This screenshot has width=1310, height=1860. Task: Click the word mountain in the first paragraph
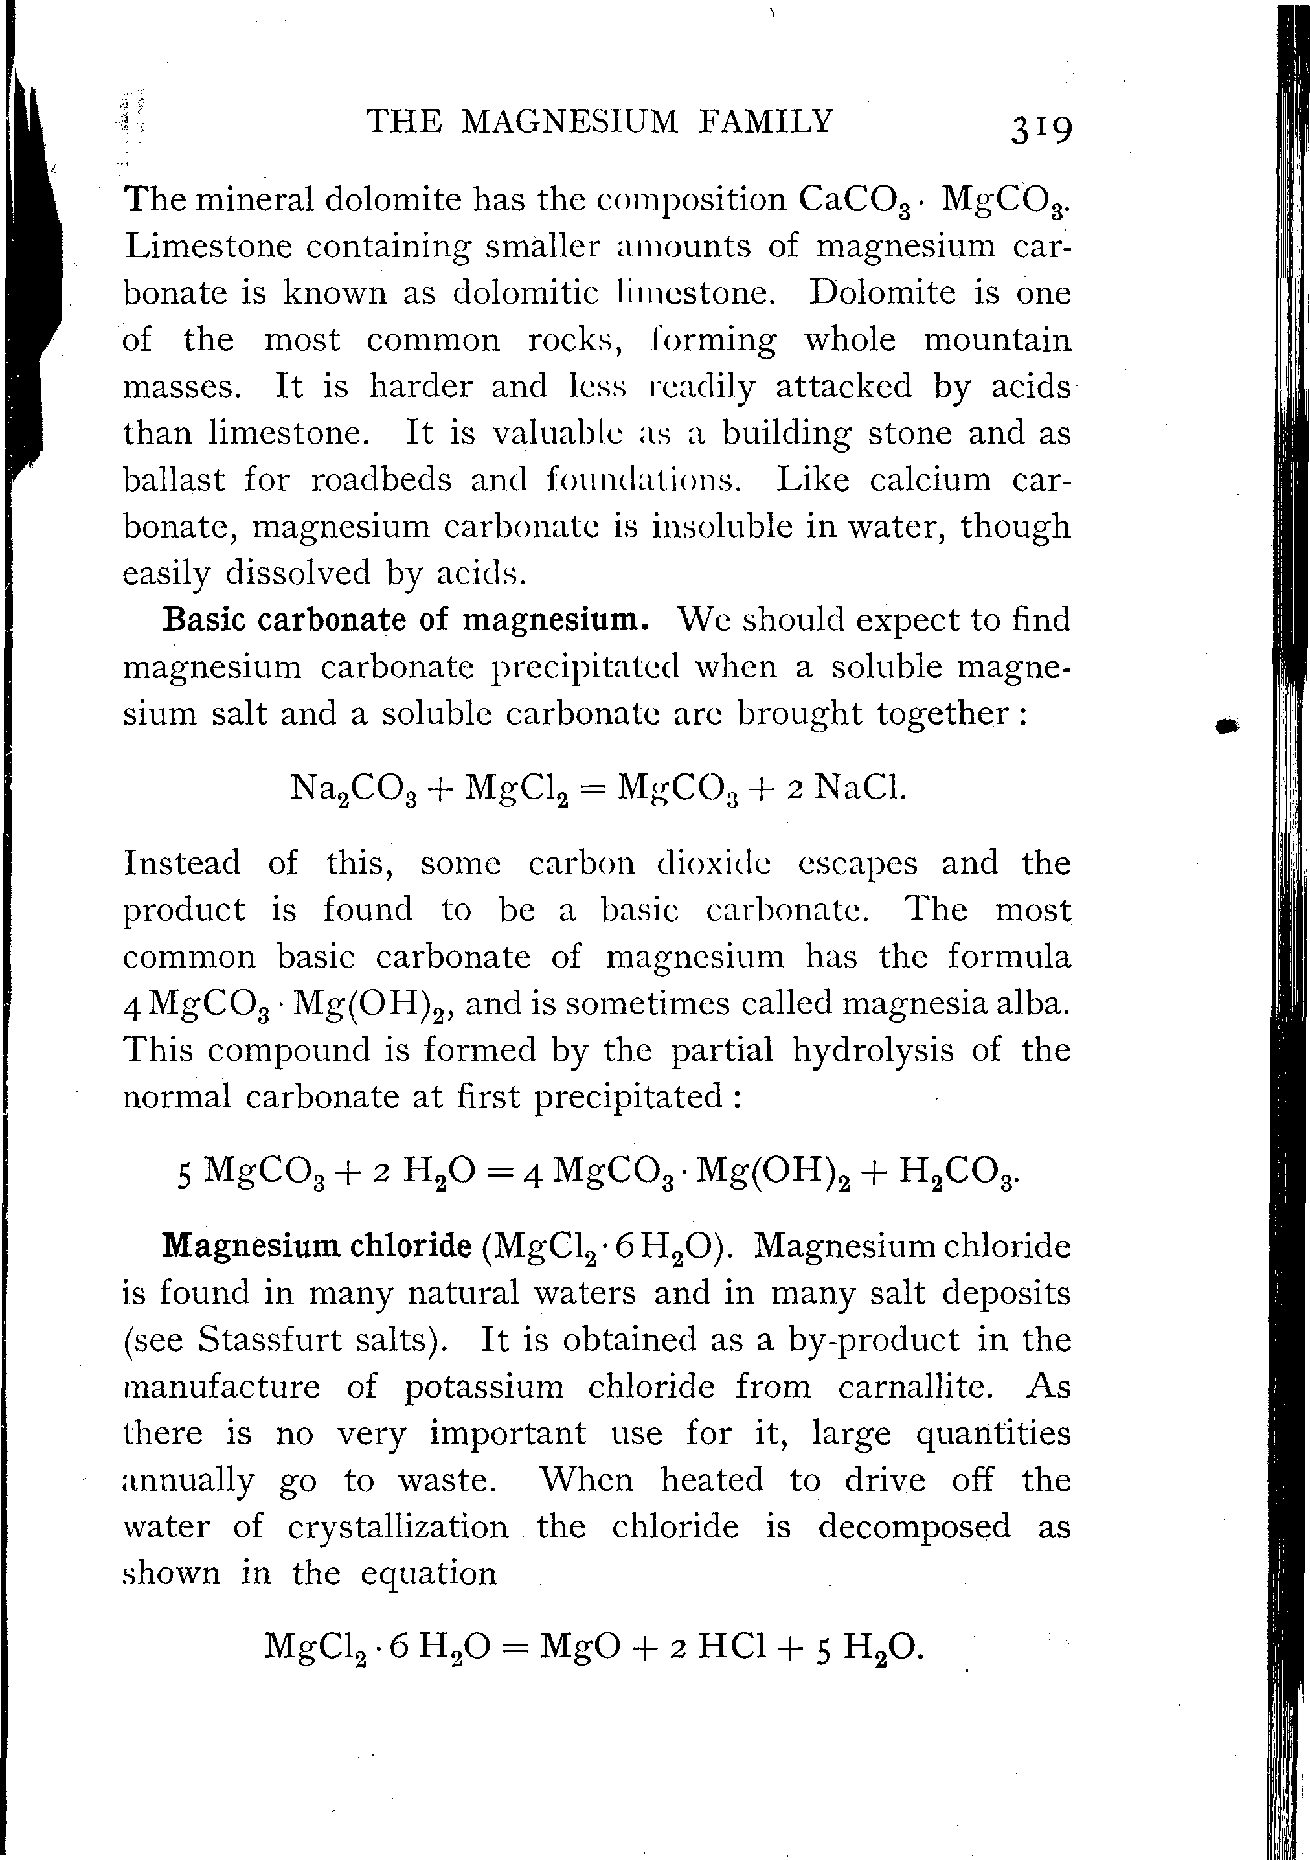coord(997,339)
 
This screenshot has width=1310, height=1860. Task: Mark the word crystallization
coord(398,1527)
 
